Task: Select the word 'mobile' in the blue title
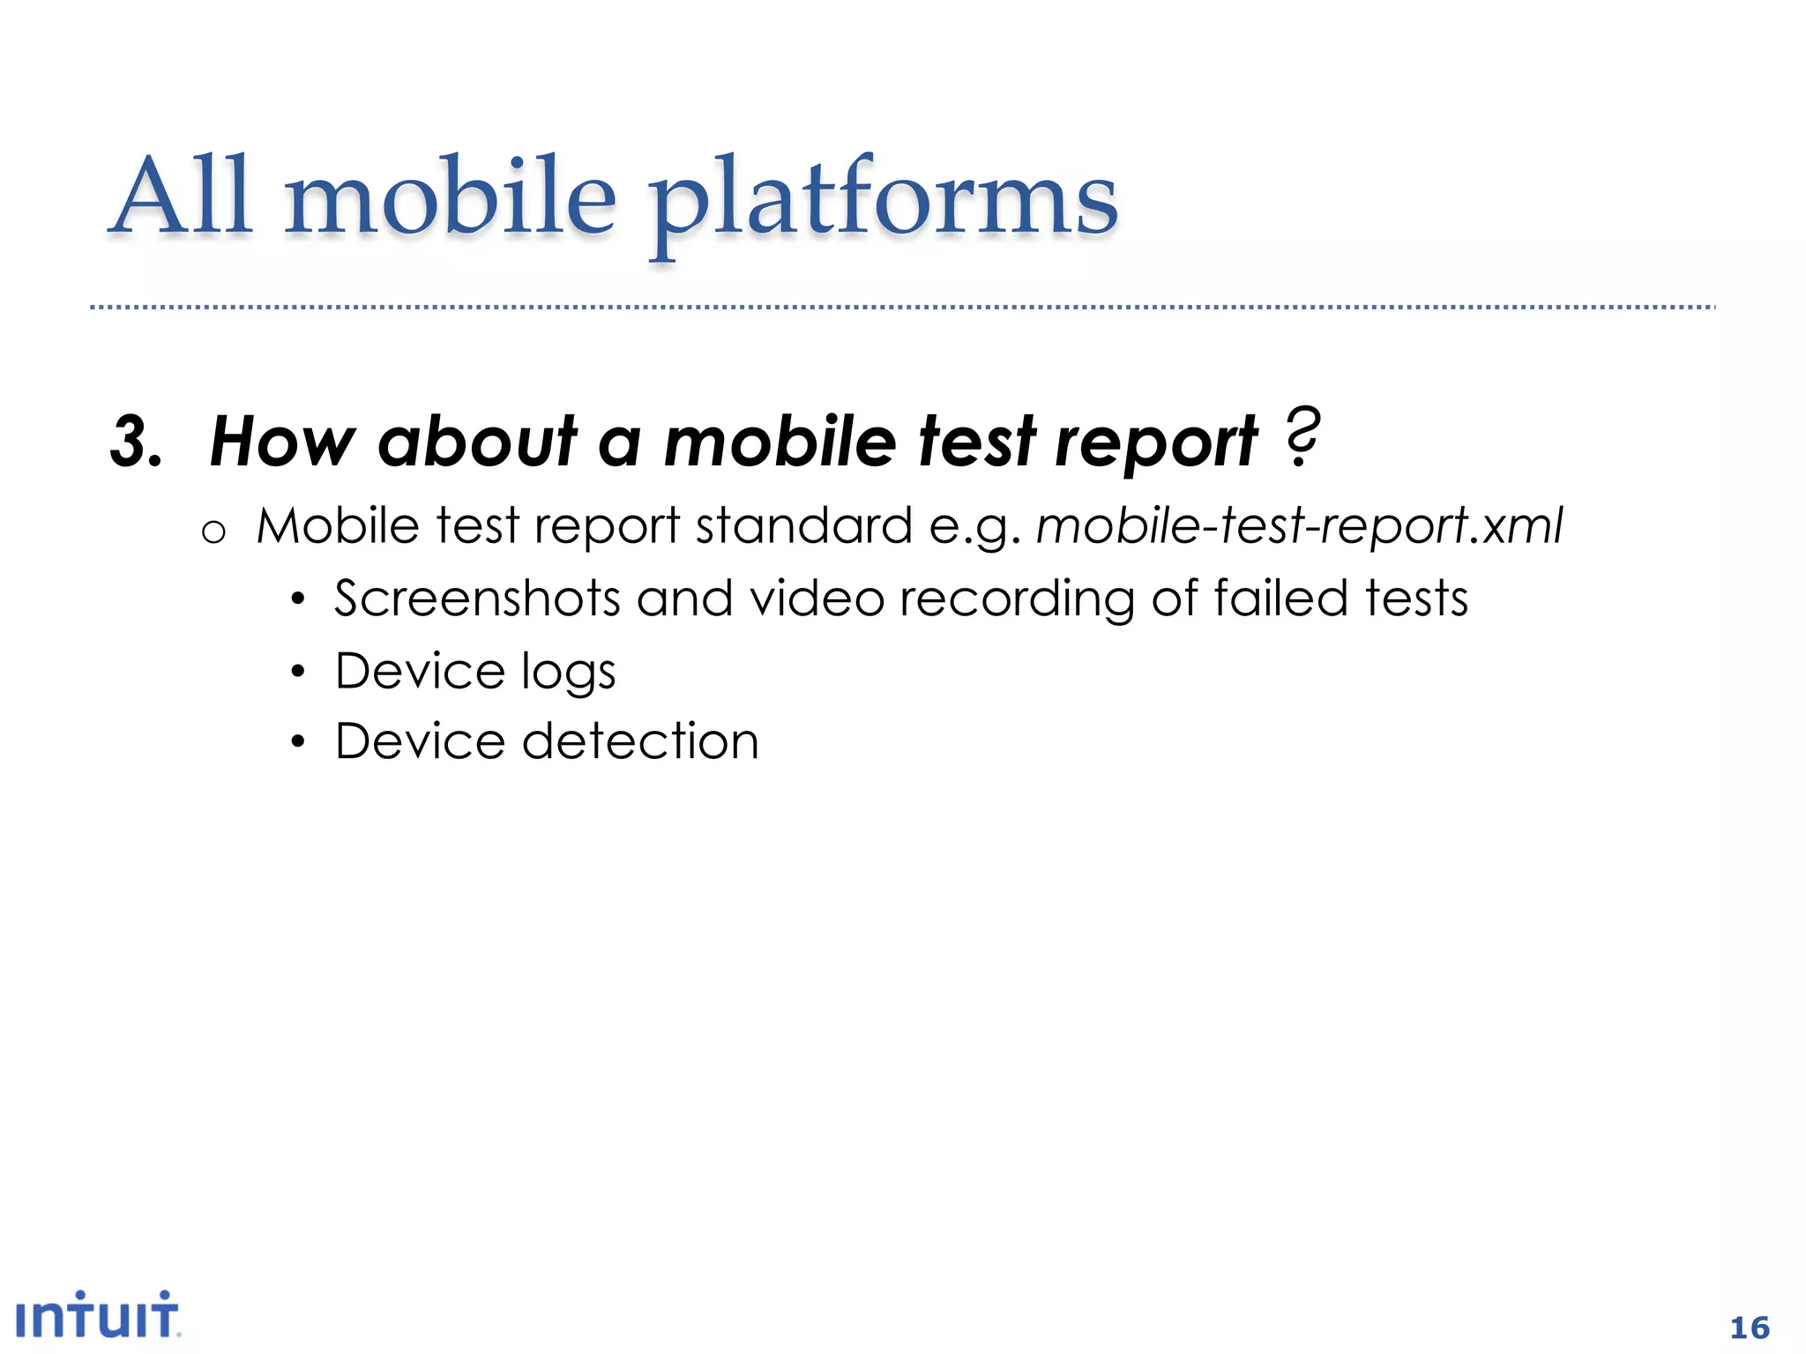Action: (x=450, y=196)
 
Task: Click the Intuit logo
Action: (x=97, y=1315)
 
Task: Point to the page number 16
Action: (x=1750, y=1328)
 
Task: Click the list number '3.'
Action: (x=137, y=442)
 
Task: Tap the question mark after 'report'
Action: (x=1302, y=437)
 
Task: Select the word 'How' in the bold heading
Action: (x=282, y=441)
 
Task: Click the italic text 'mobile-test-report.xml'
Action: (x=1298, y=526)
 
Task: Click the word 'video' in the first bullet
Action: (x=817, y=599)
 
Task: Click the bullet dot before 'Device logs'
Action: (x=298, y=673)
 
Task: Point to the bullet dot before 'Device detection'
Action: (x=298, y=742)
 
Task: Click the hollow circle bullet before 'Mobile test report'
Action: (x=213, y=532)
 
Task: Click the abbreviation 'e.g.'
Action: (x=974, y=528)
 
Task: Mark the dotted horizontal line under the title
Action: (x=903, y=308)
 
